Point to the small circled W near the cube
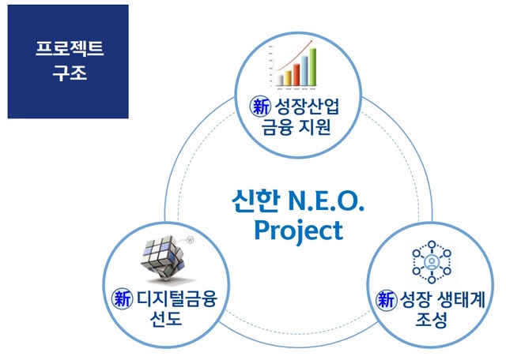click(x=191, y=235)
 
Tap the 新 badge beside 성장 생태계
click(x=385, y=300)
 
